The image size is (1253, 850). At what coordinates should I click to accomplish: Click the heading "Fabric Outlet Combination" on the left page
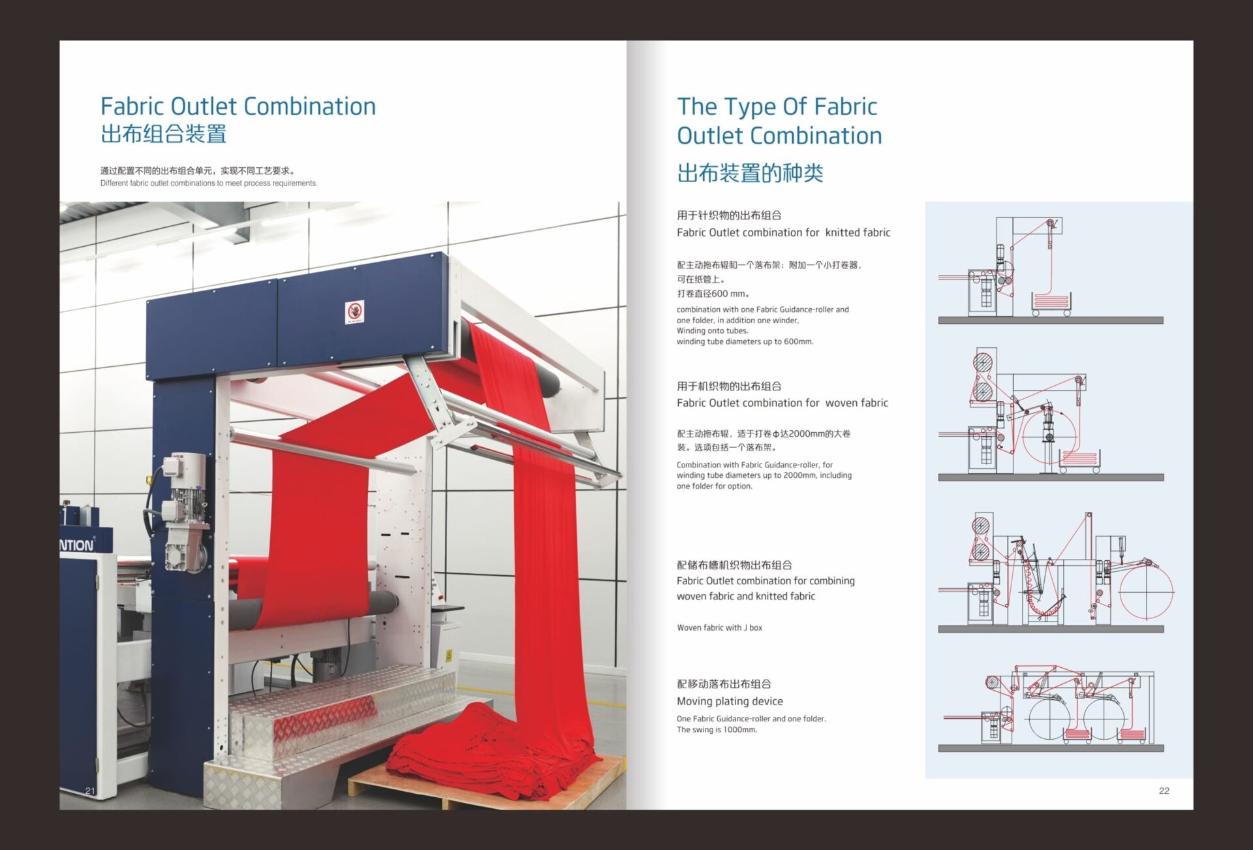(x=238, y=106)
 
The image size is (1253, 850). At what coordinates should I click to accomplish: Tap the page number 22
(x=1164, y=791)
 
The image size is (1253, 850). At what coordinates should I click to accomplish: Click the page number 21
(x=90, y=791)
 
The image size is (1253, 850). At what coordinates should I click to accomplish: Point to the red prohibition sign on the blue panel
(x=354, y=312)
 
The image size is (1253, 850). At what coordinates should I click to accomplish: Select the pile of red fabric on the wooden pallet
(x=496, y=751)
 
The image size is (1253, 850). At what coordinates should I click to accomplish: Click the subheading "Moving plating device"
(x=730, y=701)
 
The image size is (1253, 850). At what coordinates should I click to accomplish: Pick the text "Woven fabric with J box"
(x=719, y=627)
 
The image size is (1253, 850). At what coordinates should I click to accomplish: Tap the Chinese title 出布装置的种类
(x=750, y=173)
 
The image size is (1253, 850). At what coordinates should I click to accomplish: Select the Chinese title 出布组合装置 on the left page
(x=163, y=134)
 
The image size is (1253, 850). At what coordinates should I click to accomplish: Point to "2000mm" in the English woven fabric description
(x=799, y=475)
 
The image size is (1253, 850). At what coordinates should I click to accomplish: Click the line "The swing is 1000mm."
(x=717, y=729)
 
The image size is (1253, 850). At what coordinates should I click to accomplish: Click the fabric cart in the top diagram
(x=1051, y=303)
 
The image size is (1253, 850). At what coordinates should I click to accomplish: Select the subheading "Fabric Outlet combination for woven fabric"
(x=782, y=403)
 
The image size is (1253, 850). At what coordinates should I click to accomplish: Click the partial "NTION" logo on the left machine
(x=77, y=545)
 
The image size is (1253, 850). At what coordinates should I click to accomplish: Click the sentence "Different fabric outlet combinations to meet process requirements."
(x=209, y=183)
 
